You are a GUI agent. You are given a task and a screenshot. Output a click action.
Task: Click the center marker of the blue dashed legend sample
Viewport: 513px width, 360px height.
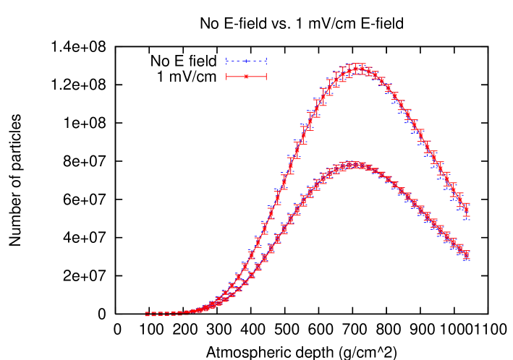[x=246, y=61]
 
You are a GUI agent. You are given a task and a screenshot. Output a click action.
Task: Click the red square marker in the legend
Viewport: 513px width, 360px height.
[x=246, y=76]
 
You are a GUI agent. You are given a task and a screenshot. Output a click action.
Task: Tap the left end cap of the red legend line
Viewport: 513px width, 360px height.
[x=226, y=76]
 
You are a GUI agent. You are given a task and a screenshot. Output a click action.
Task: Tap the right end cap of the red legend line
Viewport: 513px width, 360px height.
[x=266, y=76]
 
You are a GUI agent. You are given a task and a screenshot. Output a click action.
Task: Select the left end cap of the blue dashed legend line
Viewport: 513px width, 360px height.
[x=226, y=61]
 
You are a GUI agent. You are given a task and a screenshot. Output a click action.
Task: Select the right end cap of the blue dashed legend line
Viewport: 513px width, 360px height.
[x=266, y=61]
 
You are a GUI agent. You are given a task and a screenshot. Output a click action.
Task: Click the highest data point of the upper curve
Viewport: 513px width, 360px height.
[x=357, y=69]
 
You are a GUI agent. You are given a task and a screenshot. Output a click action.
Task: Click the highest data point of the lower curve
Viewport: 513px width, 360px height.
[x=354, y=165]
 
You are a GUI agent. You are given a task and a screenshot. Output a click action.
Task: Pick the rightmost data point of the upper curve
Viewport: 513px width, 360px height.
[x=467, y=210]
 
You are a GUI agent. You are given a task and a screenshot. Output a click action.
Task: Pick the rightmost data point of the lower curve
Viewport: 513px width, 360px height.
[x=467, y=254]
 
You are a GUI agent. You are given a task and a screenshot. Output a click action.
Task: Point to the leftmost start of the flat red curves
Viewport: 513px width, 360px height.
[x=145, y=314]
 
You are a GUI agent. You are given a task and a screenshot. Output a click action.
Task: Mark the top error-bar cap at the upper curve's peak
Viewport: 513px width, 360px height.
[x=357, y=64]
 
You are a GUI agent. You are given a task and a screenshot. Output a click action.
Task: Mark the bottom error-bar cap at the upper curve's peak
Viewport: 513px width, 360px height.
[x=357, y=74]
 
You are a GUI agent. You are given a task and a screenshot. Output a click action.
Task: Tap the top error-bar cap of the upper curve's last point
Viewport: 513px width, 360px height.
[x=467, y=204]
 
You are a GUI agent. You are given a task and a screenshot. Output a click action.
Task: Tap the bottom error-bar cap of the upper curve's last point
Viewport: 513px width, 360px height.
[x=467, y=217]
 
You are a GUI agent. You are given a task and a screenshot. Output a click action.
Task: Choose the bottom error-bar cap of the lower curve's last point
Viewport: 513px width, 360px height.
[x=467, y=259]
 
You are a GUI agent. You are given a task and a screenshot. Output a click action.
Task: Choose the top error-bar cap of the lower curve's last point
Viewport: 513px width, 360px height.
[x=467, y=250]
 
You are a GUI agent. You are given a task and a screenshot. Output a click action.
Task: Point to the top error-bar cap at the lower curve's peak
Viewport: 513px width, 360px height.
[x=354, y=161]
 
